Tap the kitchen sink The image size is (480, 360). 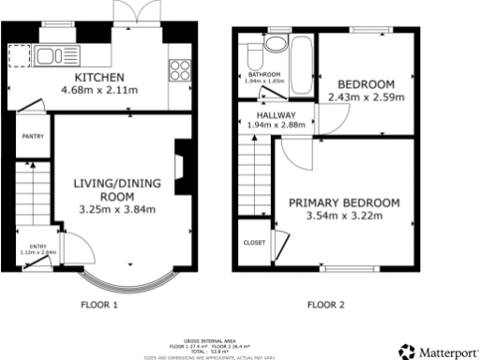[x=47, y=56]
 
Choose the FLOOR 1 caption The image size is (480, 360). [x=100, y=305]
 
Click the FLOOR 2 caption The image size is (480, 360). [x=327, y=305]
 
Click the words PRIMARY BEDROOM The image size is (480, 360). [x=344, y=202]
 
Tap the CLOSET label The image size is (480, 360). [x=254, y=241]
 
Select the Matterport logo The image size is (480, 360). [x=437, y=352]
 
